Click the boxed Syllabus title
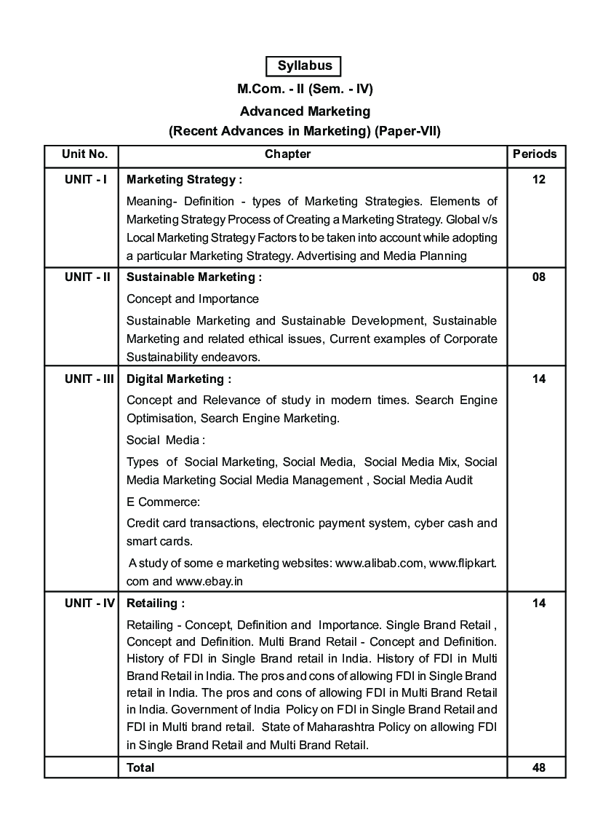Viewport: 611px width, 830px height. click(305, 66)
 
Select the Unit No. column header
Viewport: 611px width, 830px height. click(85, 154)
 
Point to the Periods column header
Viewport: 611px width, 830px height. click(535, 154)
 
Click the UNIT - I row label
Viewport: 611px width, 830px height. click(85, 179)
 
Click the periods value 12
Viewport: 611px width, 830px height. click(538, 179)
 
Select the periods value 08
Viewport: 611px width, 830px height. click(538, 277)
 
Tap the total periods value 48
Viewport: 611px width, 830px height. click(538, 767)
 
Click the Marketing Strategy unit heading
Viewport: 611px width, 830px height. click(184, 179)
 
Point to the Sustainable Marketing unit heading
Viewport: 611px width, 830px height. click(193, 277)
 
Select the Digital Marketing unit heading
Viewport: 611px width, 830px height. click(179, 379)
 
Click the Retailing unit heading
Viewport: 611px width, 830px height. click(156, 603)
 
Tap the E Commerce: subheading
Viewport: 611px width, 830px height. click(163, 502)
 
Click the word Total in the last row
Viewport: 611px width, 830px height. click(140, 767)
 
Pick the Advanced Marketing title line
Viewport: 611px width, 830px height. click(305, 111)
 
